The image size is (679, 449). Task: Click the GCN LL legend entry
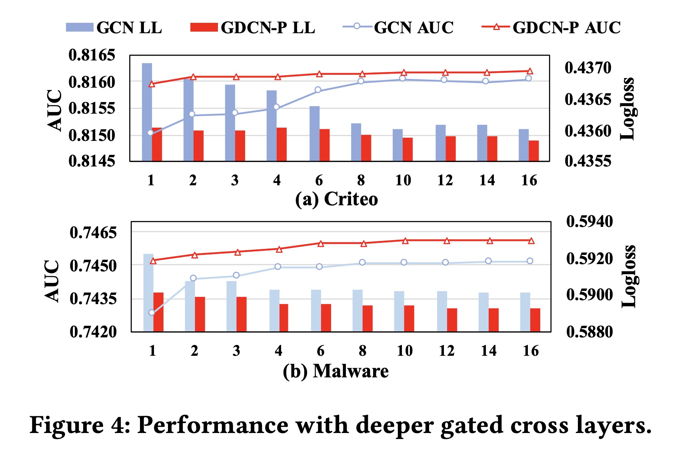(114, 28)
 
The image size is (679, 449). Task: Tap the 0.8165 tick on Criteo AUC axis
(92, 55)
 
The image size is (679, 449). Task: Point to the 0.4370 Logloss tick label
(588, 68)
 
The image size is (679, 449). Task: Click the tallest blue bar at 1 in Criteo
(147, 112)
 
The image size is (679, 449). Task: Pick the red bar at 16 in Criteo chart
(533, 151)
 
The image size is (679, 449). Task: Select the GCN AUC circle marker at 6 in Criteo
(318, 90)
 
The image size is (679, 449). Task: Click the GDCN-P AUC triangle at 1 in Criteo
(152, 84)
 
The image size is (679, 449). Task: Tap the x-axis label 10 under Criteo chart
(403, 180)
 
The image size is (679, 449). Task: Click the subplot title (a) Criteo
(336, 199)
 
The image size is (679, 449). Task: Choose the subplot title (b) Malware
(336, 371)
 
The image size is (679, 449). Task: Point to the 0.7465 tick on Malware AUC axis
(93, 233)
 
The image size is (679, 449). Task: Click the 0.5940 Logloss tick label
(589, 221)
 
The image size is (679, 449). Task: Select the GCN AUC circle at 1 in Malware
(152, 313)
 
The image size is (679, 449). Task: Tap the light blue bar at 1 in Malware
(148, 293)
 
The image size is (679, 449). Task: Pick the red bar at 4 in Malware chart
(283, 318)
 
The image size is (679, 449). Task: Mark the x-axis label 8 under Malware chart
(362, 351)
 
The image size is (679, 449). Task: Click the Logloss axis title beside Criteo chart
(627, 108)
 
